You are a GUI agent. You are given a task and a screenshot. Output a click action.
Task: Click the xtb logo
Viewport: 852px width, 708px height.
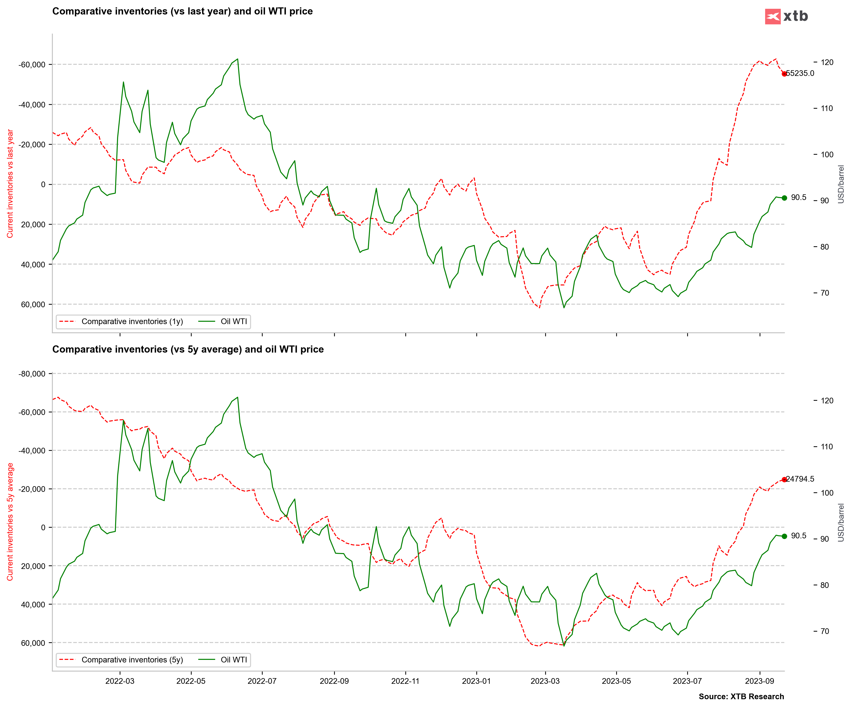[x=786, y=16]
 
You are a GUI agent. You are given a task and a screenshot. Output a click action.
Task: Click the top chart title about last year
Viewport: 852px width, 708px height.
[x=183, y=11]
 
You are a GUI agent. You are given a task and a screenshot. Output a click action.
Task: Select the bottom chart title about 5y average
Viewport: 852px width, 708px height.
[x=188, y=349]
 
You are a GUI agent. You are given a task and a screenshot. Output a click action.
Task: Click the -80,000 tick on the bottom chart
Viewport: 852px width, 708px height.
[x=32, y=374]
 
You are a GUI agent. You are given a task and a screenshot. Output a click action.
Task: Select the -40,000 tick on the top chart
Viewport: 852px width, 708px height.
[x=32, y=105]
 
